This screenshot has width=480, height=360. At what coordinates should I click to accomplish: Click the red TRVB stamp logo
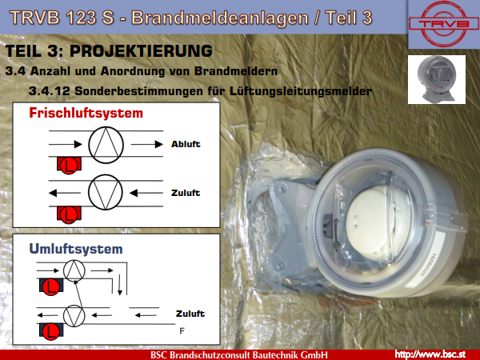(x=443, y=23)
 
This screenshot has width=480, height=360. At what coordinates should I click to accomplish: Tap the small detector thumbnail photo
(x=437, y=79)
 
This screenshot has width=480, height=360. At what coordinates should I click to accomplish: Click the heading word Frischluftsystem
(x=86, y=114)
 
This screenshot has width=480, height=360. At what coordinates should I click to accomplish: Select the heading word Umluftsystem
(x=76, y=249)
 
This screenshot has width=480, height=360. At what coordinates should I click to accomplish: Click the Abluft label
(x=186, y=144)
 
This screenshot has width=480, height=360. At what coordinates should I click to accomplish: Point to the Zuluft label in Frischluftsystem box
(x=186, y=193)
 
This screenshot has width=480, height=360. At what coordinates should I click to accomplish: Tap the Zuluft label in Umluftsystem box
(x=190, y=314)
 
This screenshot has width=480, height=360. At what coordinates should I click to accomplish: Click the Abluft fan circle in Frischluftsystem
(x=106, y=145)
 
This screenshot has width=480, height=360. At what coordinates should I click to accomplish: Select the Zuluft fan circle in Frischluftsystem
(x=106, y=193)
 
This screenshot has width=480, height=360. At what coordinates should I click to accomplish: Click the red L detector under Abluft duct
(x=69, y=166)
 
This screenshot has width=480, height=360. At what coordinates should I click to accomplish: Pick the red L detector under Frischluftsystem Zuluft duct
(x=69, y=214)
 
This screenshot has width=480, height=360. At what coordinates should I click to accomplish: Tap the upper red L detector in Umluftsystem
(x=51, y=287)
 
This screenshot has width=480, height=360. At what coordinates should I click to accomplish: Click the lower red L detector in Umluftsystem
(x=51, y=332)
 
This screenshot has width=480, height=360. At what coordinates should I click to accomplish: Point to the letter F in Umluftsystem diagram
(x=182, y=331)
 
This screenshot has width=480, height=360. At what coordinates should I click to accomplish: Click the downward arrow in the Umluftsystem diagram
(x=120, y=285)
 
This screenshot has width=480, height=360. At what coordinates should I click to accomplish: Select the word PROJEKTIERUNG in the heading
(x=141, y=51)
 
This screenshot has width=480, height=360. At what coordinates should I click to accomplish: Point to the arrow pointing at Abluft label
(x=147, y=144)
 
